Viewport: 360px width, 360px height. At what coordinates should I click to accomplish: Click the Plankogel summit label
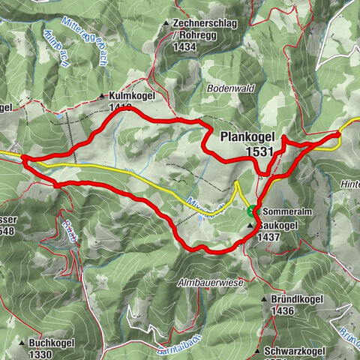(248, 138)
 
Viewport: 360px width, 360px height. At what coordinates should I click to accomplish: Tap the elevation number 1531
(259, 151)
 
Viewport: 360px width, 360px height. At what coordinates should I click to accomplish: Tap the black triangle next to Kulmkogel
(101, 97)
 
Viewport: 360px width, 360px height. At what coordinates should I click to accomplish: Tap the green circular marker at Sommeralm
(250, 211)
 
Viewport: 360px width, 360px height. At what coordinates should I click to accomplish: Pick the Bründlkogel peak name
(294, 298)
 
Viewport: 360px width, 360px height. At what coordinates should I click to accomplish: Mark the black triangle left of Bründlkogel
(263, 299)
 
